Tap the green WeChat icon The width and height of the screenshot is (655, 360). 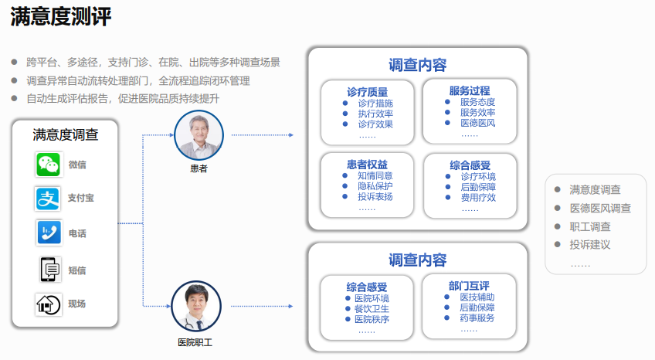pos(48,165)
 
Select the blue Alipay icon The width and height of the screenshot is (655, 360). pos(48,199)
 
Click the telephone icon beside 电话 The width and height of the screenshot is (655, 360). pos(48,233)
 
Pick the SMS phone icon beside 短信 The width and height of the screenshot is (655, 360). pos(48,270)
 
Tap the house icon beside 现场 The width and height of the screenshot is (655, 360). pos(48,304)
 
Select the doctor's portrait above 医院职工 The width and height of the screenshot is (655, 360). pos(195,306)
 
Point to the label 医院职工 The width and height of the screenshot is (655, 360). pos(195,341)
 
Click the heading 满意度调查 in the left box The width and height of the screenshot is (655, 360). pos(66,134)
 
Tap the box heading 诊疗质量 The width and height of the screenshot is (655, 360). pos(367,91)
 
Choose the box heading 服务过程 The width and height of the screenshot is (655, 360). pos(470,90)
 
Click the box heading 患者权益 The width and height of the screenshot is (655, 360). pos(367,164)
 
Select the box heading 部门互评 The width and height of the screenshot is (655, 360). pos(470,285)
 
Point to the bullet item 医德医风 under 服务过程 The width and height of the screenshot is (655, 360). pos(477,123)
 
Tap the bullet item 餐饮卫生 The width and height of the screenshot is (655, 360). pos(372,309)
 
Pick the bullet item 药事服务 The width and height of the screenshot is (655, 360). pos(477,318)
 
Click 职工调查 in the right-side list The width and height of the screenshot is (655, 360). pos(590,226)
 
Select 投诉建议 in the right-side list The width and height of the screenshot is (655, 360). pos(590,245)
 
